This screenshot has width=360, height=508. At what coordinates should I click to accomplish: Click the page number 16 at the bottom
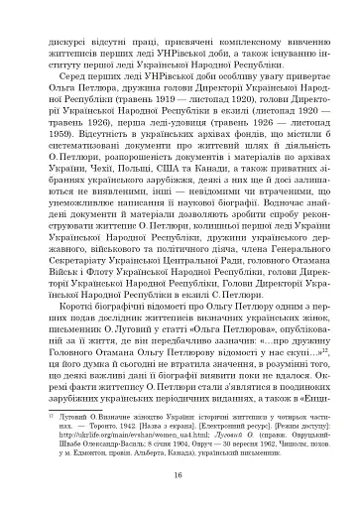point(180,475)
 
